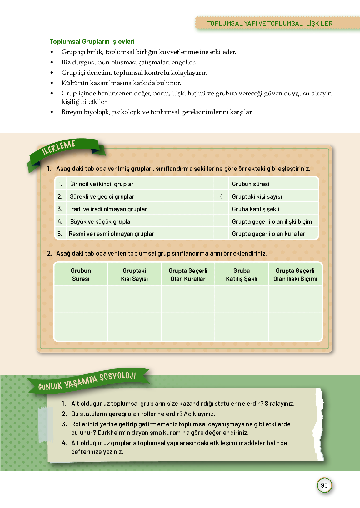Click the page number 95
coord(324,485)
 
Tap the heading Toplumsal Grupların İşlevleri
coord(92,42)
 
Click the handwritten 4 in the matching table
coord(221,196)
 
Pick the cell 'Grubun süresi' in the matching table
coord(251,184)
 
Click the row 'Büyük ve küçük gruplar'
coord(101,221)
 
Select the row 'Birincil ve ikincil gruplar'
coord(102,184)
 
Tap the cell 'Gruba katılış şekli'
coord(256,209)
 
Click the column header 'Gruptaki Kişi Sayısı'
coord(134,275)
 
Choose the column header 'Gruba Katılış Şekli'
coord(242,275)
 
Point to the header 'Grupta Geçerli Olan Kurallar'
coord(188,275)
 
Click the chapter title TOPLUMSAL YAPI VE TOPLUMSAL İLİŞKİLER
coord(270,23)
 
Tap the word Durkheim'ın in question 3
coord(112,433)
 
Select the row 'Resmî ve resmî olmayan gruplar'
coord(112,234)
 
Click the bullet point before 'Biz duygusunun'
coord(52,63)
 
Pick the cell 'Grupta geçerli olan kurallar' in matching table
coord(268,234)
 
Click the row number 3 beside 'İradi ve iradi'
coord(60,209)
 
